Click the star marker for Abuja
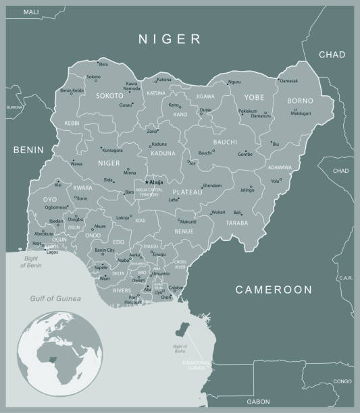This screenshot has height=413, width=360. tap(147, 182)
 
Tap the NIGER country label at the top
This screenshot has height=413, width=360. tap(170, 39)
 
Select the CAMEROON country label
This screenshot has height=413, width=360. tap(274, 290)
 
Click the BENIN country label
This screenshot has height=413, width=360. tap(28, 150)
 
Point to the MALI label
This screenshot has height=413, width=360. tap(31, 12)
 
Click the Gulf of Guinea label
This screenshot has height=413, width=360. tap(55, 298)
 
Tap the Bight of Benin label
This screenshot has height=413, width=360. tap(31, 263)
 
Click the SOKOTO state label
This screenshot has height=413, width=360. tap(109, 96)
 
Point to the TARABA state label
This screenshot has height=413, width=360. tap(237, 223)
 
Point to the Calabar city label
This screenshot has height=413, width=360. tap(176, 287)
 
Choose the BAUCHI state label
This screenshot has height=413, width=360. tap(225, 142)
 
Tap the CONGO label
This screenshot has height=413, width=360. tap(342, 381)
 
